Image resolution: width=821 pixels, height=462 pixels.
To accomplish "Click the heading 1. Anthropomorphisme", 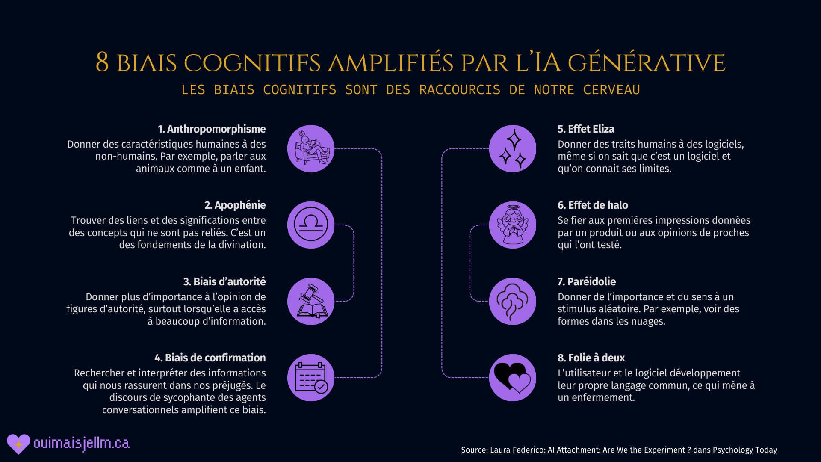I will (x=211, y=129).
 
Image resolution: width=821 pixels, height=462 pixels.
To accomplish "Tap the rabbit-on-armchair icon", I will (x=311, y=148).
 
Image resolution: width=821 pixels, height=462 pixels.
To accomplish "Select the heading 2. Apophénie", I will (x=235, y=205).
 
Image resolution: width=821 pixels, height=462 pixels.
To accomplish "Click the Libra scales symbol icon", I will (x=311, y=225).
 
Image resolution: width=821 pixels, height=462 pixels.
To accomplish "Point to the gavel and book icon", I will (x=311, y=301).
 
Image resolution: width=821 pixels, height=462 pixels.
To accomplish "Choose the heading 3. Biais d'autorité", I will (x=224, y=282).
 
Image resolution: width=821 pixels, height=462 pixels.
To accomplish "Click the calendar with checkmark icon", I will (x=311, y=378).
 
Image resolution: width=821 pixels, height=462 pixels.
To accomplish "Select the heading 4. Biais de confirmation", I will (x=210, y=358).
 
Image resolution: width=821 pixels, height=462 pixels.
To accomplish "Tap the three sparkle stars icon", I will (x=512, y=148).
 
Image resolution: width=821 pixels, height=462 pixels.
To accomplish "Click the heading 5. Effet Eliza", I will (x=586, y=129).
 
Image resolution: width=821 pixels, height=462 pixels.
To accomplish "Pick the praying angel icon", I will (x=512, y=225).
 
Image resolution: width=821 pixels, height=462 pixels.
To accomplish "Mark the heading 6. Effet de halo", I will (x=593, y=205).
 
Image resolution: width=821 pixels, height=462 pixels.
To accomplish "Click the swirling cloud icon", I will (x=512, y=301).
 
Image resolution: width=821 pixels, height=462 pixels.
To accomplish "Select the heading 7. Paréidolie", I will (x=587, y=282).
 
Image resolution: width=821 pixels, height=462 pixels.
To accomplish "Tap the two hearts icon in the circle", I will (x=512, y=378).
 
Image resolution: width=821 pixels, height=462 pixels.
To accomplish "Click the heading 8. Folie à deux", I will (x=591, y=358).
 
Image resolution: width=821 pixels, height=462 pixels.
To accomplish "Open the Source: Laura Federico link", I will (x=619, y=450).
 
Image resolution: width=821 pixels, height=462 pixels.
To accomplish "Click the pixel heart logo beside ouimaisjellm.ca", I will (x=18, y=444).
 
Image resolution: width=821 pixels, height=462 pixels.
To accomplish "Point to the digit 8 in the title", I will (x=102, y=62).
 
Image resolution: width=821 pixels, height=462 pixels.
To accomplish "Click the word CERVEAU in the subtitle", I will (x=611, y=90).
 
